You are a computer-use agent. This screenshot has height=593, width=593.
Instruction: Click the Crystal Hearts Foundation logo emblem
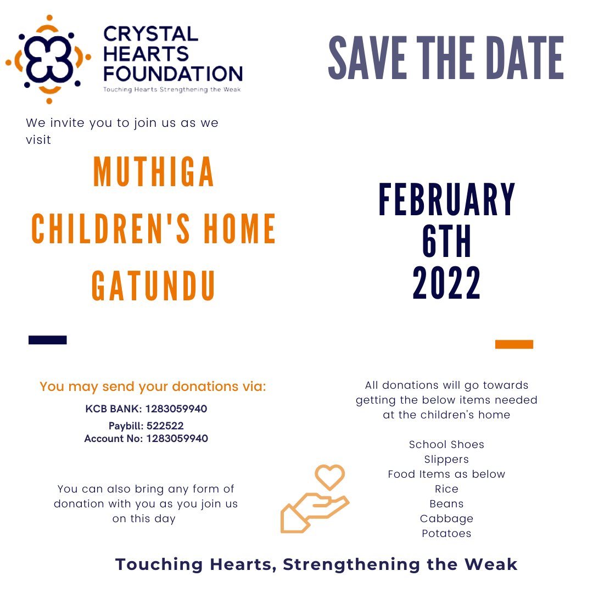pyautogui.click(x=48, y=59)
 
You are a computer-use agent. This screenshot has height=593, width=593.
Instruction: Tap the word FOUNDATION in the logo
pyautogui.click(x=173, y=73)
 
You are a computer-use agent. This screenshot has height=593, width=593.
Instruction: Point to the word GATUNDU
pyautogui.click(x=154, y=286)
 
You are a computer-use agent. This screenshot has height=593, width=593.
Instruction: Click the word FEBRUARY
pyautogui.click(x=447, y=200)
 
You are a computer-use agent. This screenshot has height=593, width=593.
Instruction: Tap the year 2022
pyautogui.click(x=447, y=283)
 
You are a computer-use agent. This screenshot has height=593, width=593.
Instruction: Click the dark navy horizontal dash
pyautogui.click(x=48, y=340)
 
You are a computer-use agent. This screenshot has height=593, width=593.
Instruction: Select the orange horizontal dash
pyautogui.click(x=514, y=344)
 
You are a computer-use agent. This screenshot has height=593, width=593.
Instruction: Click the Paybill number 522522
pyautogui.click(x=165, y=426)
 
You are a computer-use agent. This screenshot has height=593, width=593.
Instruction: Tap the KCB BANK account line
pyautogui.click(x=146, y=409)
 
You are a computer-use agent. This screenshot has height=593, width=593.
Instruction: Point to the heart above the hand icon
pyautogui.click(x=329, y=476)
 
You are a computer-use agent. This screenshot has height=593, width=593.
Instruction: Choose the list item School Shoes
pyautogui.click(x=446, y=444)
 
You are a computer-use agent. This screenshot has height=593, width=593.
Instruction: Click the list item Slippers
pyautogui.click(x=446, y=459)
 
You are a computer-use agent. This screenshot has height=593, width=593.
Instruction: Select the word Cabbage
pyautogui.click(x=446, y=518)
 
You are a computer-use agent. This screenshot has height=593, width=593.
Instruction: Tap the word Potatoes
pyautogui.click(x=446, y=533)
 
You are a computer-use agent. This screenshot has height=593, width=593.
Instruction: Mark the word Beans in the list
pyautogui.click(x=446, y=504)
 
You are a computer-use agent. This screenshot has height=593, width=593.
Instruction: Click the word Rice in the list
pyautogui.click(x=446, y=489)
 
